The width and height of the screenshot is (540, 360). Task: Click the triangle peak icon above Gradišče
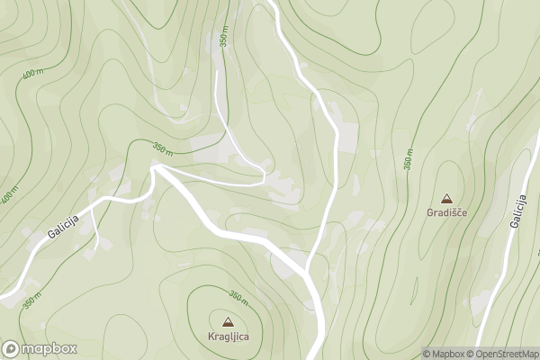point(446,198)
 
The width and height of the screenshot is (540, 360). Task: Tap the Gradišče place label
point(446,213)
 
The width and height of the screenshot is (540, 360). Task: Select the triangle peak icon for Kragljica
point(226,321)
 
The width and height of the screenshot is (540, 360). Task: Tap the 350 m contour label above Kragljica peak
point(238,297)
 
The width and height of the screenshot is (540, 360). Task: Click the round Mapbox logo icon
point(12,348)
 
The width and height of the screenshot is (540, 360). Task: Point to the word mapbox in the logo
point(49,348)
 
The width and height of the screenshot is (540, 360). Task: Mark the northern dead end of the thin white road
point(218,72)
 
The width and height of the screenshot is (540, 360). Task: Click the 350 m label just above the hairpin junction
point(162,148)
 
